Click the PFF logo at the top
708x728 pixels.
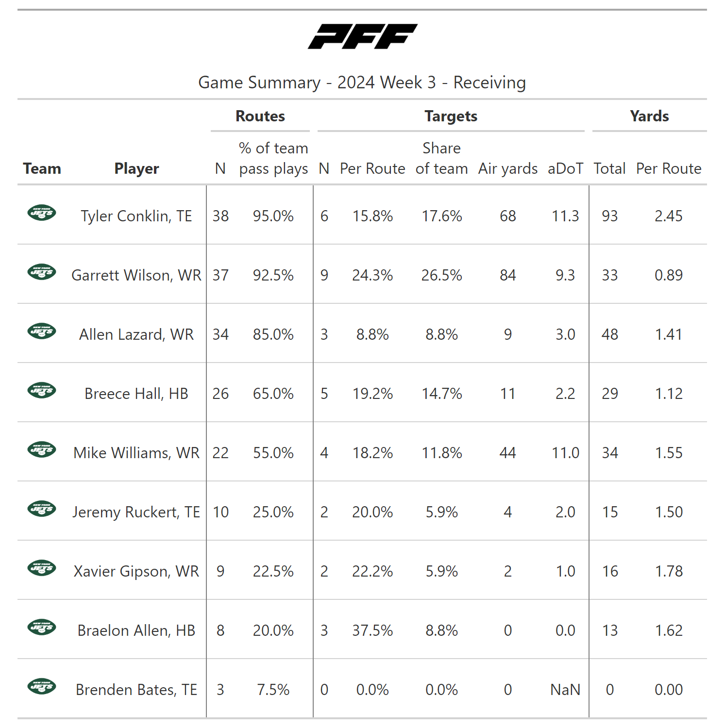[x=362, y=36]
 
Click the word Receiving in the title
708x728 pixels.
[x=489, y=83]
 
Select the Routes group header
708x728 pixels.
[x=260, y=116]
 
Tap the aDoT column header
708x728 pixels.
[x=565, y=168]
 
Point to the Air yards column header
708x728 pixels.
[x=508, y=168]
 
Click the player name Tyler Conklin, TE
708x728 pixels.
[x=136, y=216]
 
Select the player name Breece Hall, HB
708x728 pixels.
[x=136, y=394]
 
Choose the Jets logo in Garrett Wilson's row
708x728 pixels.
[x=42, y=272]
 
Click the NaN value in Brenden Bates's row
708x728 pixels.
[x=565, y=690]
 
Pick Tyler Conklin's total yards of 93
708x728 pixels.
[x=610, y=216]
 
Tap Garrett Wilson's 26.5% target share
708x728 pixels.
[x=441, y=275]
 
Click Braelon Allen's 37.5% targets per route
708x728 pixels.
[x=372, y=630]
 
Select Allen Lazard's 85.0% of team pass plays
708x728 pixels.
[x=273, y=334]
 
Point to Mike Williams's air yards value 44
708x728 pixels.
[x=508, y=453]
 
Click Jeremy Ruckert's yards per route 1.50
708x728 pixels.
[x=669, y=512]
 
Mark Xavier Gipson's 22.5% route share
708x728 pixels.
[x=273, y=571]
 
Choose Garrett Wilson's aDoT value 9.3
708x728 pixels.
[x=565, y=275]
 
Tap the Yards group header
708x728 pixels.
[x=649, y=116]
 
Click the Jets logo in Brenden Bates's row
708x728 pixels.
[x=42, y=687]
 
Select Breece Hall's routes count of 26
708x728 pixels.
[x=220, y=394]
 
